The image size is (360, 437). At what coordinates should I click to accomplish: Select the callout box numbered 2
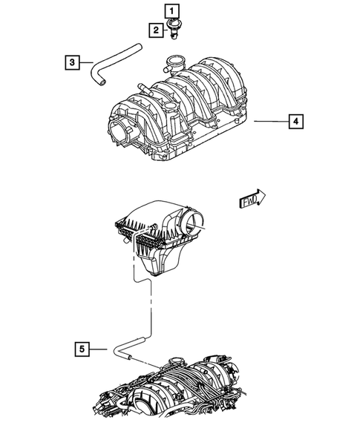tap(156, 30)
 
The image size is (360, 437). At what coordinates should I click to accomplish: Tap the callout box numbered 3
tap(71, 62)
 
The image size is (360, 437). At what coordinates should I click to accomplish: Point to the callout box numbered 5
tap(83, 347)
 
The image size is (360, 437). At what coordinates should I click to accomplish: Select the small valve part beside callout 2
tap(174, 31)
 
